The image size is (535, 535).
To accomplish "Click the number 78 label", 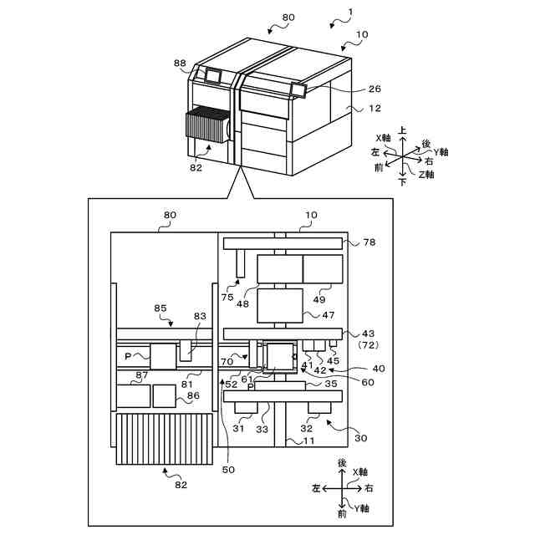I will point(369,242).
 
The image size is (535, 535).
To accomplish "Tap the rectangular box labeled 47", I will point(279,305).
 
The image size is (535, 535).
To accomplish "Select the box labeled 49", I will point(323,269).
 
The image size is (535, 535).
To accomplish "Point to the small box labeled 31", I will point(247,407).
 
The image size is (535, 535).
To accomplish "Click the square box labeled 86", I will point(166,395).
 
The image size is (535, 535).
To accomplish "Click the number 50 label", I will point(227,470).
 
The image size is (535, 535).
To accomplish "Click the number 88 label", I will point(180,63).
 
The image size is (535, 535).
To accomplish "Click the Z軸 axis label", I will point(426,175).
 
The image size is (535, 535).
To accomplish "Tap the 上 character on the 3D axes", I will point(403,131).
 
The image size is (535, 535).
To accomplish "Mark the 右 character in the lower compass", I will point(369,487).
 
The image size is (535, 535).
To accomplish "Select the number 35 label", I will point(330,385).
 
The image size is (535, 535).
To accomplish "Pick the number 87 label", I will point(142,375).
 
